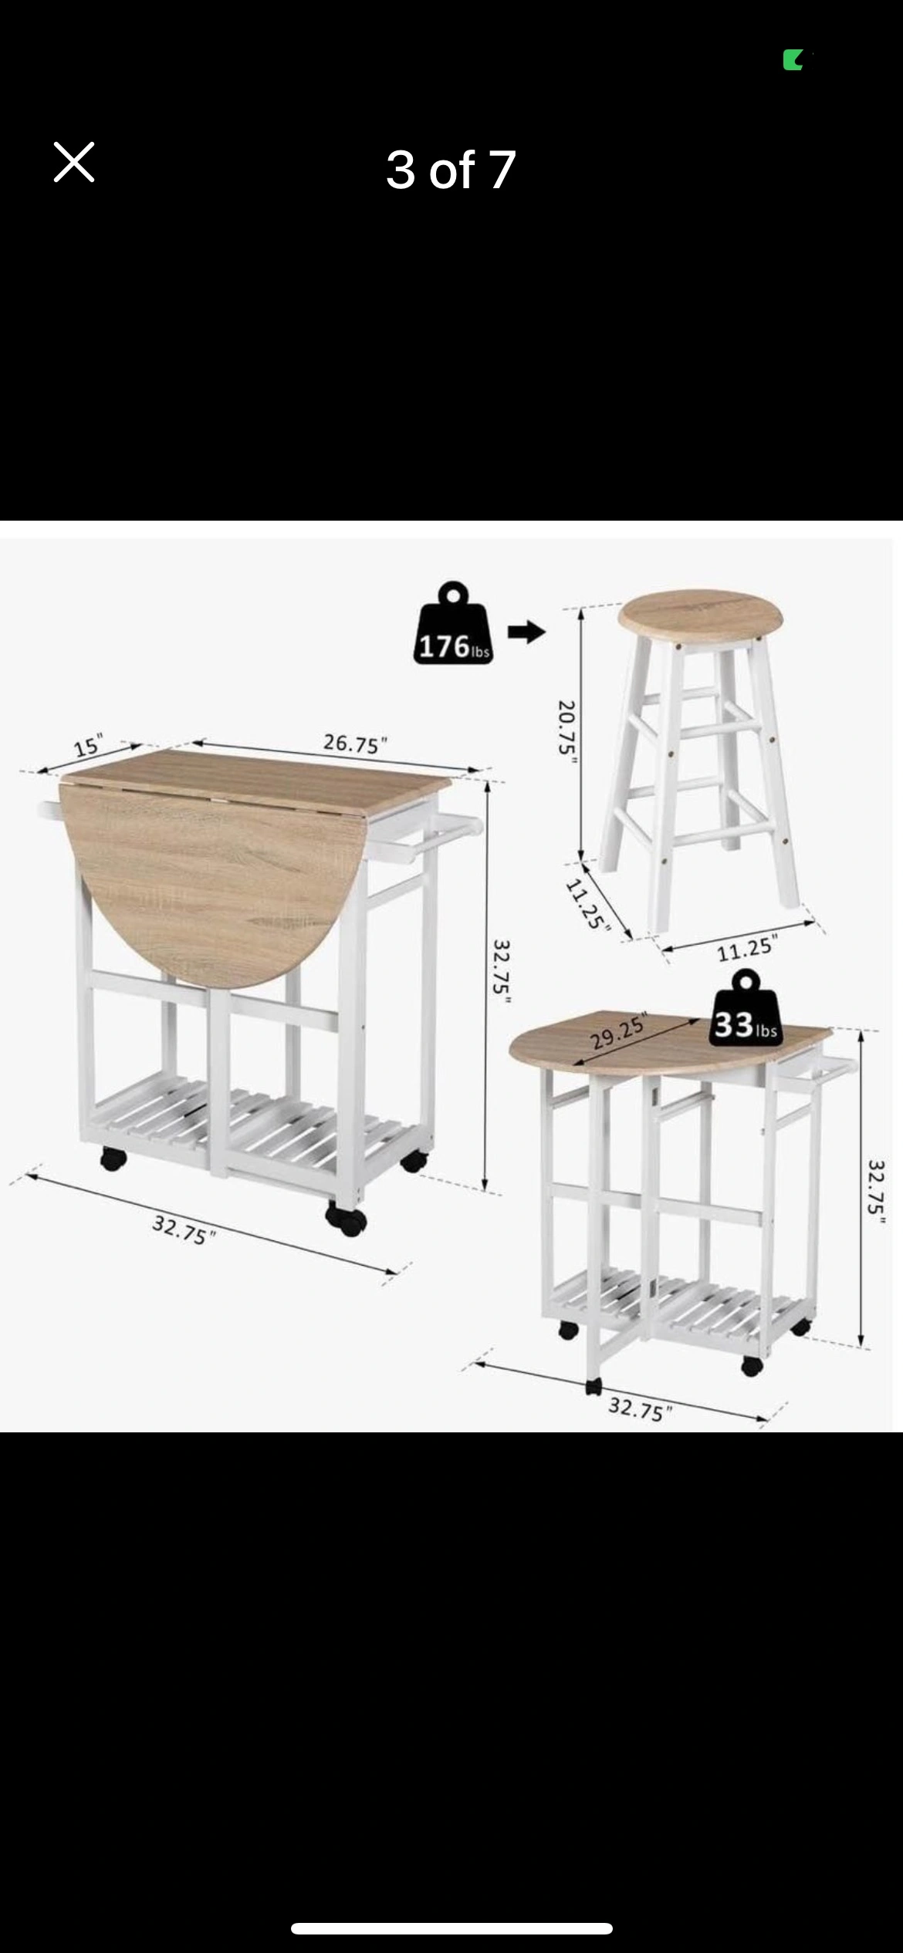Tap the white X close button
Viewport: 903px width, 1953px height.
[74, 162]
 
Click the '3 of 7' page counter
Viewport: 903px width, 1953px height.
[451, 170]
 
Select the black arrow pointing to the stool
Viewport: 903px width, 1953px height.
[526, 632]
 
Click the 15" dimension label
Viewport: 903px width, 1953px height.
[88, 747]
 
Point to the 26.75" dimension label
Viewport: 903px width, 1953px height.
[355, 744]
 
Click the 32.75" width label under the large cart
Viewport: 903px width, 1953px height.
[184, 1229]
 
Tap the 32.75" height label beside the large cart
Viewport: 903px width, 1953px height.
[502, 971]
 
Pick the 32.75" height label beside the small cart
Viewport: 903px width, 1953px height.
[876, 1192]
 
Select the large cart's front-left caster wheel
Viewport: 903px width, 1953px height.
[113, 1159]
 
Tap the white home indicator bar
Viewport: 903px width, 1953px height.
[451, 1928]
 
